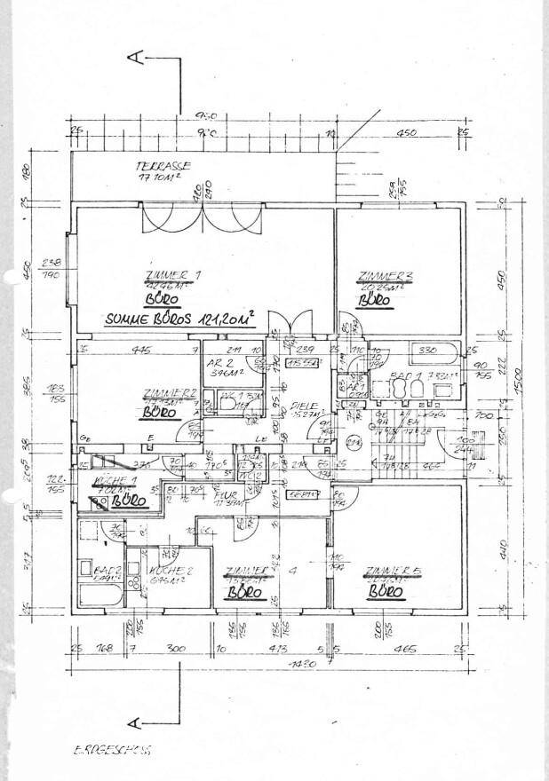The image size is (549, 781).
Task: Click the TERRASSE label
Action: coord(163,166)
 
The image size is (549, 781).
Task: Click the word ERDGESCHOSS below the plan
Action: coord(111,749)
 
